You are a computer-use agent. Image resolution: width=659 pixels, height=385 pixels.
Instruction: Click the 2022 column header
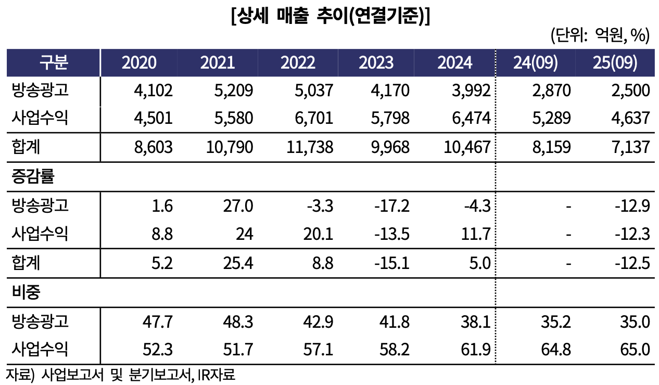click(298, 62)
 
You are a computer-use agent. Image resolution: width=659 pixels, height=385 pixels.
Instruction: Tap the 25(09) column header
click(615, 62)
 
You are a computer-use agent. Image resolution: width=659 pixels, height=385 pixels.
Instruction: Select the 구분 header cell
click(54, 62)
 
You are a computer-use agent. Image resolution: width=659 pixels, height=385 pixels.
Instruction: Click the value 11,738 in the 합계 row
click(310, 147)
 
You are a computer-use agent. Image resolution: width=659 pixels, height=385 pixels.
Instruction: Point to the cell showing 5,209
click(233, 91)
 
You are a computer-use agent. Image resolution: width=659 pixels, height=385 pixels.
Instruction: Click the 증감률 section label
click(33, 176)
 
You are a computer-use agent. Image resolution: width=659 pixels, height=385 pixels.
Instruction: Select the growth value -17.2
click(392, 206)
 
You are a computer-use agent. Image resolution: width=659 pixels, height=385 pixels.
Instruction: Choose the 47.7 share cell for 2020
click(158, 322)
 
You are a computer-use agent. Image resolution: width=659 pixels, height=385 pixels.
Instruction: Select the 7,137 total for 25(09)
click(630, 147)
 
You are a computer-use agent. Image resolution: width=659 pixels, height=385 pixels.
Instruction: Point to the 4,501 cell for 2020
click(153, 119)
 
